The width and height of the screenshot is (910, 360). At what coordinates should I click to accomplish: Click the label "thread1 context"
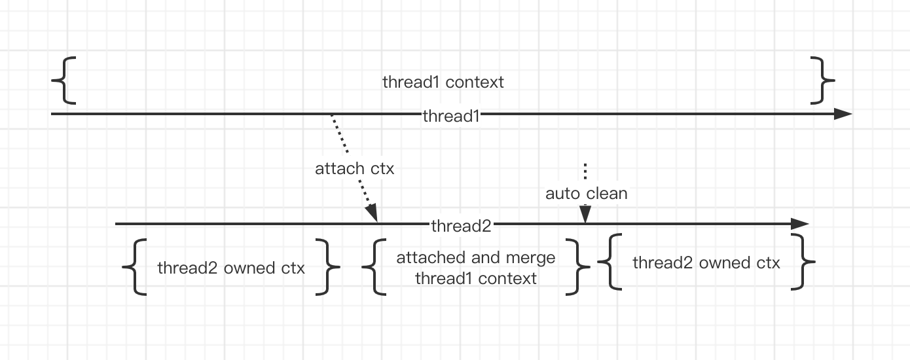click(x=443, y=82)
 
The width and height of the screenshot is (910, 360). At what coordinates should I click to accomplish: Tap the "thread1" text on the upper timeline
click(x=452, y=116)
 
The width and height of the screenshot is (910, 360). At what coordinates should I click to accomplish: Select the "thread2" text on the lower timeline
click(x=461, y=226)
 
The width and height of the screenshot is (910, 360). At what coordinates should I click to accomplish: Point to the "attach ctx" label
click(x=354, y=168)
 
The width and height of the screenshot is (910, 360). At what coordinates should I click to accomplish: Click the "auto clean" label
click(x=586, y=194)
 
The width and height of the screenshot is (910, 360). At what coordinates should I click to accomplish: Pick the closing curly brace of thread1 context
click(x=822, y=81)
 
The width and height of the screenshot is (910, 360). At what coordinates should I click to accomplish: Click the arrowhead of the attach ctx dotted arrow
click(x=373, y=213)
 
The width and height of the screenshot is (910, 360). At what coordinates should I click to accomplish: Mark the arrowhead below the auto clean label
click(x=585, y=214)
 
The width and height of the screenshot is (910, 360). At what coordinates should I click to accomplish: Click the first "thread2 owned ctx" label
click(x=231, y=268)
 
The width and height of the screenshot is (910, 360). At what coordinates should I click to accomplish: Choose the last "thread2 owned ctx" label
click(x=706, y=263)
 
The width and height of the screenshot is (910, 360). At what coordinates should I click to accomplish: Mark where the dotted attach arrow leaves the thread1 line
click(x=332, y=116)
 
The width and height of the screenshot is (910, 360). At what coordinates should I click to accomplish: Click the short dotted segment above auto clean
click(x=585, y=171)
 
